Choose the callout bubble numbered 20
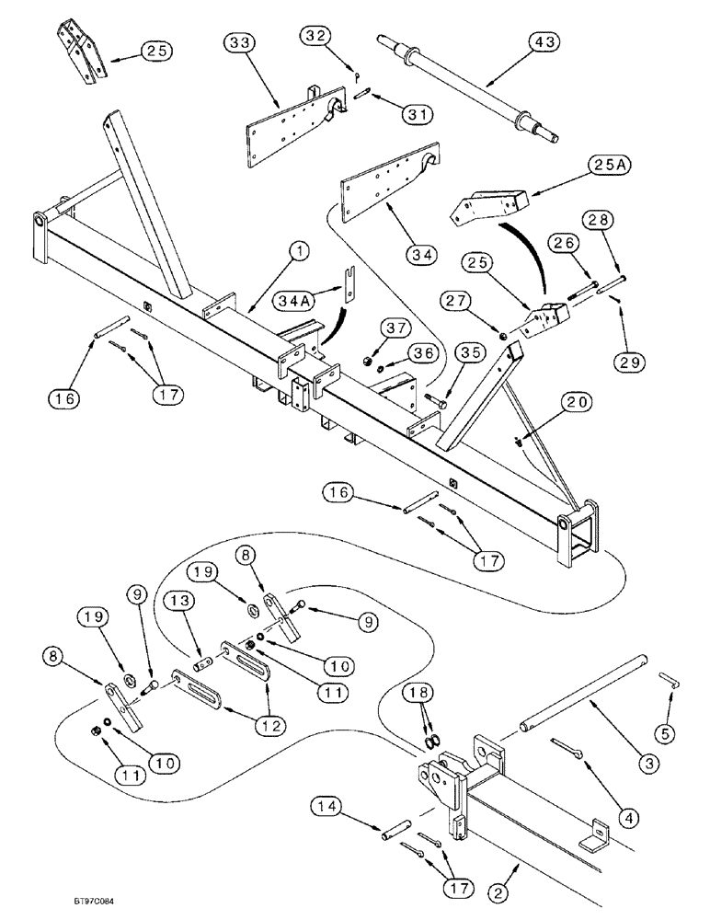click(580, 402)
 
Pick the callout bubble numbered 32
click(315, 35)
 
